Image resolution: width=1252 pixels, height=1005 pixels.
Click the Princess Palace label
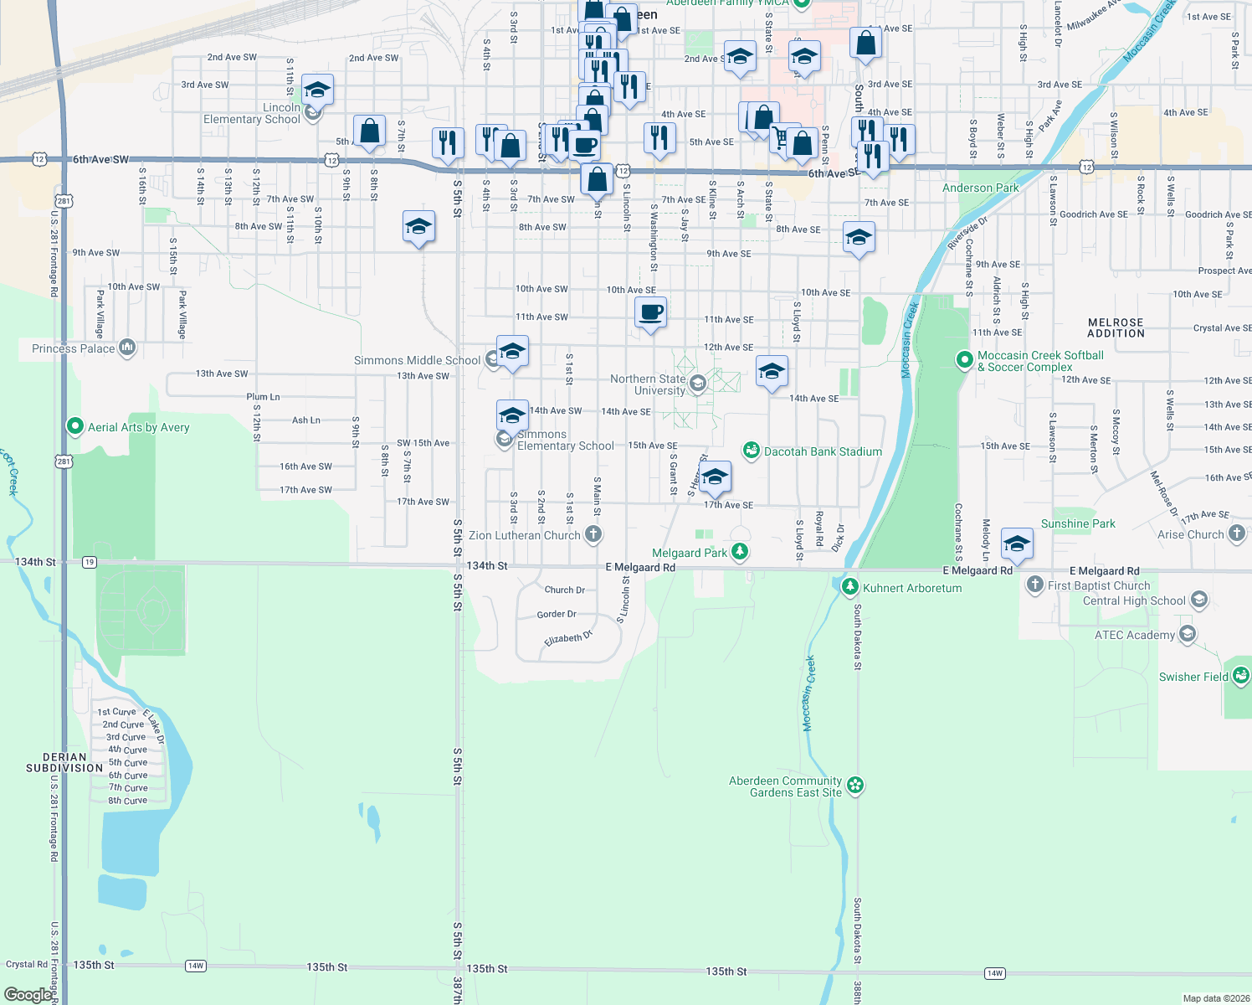coord(74,348)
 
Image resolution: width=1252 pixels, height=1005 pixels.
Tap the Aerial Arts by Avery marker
coord(75,427)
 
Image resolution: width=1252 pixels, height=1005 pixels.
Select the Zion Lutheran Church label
coord(525,535)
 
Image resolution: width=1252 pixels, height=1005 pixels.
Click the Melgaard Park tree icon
coord(739,551)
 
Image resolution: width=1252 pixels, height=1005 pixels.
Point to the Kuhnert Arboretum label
coord(912,588)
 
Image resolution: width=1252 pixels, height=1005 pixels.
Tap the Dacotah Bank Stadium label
coord(823,451)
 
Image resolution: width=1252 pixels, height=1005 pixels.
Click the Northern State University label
coord(648,384)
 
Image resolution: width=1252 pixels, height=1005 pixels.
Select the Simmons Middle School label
coord(417,360)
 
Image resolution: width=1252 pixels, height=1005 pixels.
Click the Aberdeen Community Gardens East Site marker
coord(855,786)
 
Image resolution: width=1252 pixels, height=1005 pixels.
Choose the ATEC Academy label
coord(1134,635)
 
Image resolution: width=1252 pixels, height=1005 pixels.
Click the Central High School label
coord(1134,600)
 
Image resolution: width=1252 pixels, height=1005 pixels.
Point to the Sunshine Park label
coord(1078,523)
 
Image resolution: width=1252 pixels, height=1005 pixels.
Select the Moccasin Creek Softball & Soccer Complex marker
coord(965,360)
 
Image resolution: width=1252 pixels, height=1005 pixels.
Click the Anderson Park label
coord(981,188)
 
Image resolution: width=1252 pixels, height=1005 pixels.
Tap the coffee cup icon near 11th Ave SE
coord(650,313)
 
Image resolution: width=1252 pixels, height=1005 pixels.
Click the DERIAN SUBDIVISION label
coord(64,762)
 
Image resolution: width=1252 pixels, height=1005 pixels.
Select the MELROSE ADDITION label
coord(1116,327)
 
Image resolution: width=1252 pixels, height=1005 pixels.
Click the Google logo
coord(28,994)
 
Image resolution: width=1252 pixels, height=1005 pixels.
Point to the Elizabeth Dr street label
coord(568,638)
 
